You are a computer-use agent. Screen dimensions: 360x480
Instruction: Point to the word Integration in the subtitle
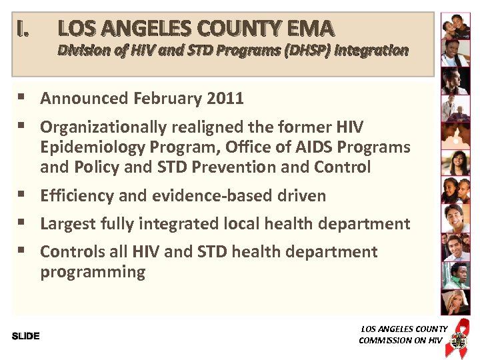375,50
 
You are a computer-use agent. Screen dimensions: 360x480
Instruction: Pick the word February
168,99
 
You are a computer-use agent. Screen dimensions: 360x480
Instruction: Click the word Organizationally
109,127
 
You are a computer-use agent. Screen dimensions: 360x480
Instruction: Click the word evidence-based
197,195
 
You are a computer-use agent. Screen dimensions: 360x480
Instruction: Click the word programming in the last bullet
93,272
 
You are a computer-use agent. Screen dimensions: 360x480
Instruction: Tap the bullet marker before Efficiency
22,195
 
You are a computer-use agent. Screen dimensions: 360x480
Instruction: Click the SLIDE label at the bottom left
25,335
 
